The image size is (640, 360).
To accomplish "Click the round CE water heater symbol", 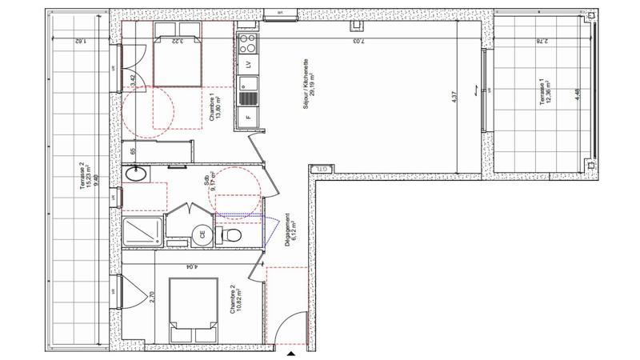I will coord(202,234).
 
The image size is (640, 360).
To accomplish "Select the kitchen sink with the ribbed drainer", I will coord(248,90).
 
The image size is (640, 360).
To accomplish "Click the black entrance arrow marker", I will coord(291,353).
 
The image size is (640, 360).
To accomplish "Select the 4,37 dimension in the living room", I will coord(455,97).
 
